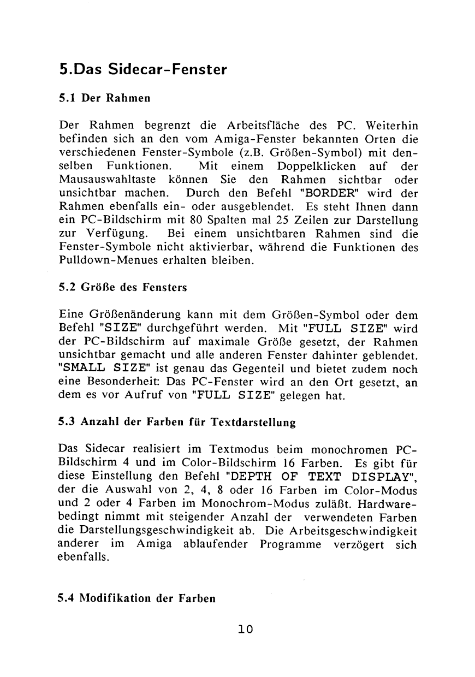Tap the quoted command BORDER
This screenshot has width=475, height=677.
325,194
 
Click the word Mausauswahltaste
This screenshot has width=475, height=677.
99,180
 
